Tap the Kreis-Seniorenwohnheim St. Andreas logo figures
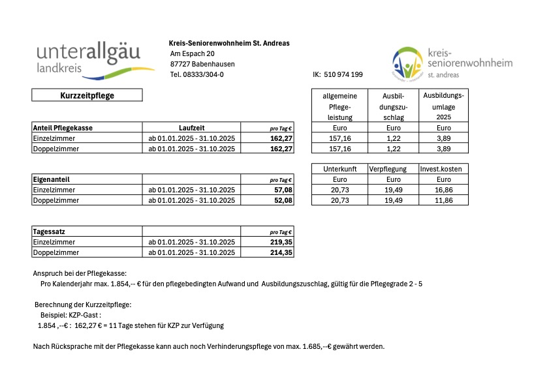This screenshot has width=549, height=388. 407,64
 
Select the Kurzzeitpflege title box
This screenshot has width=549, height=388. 87,95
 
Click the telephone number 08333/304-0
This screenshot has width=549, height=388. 196,74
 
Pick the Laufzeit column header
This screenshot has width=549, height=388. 192,128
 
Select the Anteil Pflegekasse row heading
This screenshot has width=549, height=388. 63,128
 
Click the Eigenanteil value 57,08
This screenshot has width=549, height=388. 281,190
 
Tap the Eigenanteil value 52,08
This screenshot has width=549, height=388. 281,200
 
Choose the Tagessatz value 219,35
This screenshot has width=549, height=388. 281,242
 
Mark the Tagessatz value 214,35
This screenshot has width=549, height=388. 281,252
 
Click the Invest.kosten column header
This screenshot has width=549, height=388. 443,169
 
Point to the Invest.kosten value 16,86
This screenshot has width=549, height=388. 443,190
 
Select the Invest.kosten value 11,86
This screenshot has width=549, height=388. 443,200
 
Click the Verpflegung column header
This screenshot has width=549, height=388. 394,169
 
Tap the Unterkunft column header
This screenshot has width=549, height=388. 339,169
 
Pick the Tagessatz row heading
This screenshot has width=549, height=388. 49,231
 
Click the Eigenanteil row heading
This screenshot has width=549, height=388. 51,179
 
